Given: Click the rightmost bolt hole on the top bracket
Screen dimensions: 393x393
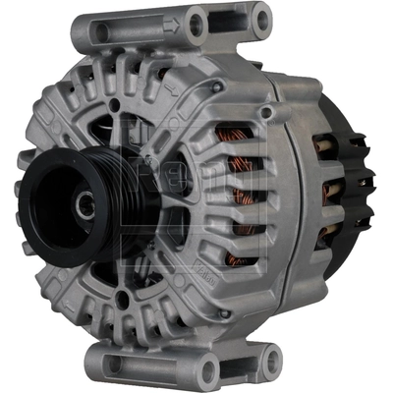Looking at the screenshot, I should (x=260, y=19).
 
